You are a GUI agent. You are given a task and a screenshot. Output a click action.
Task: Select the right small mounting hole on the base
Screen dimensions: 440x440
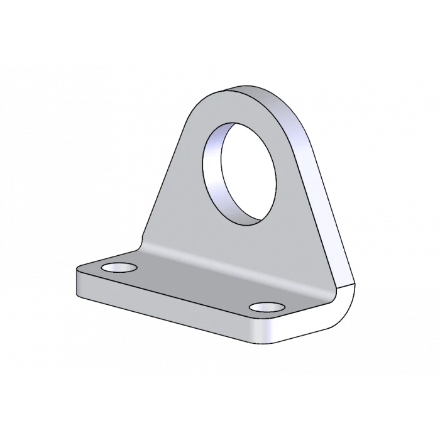click(x=267, y=307)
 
